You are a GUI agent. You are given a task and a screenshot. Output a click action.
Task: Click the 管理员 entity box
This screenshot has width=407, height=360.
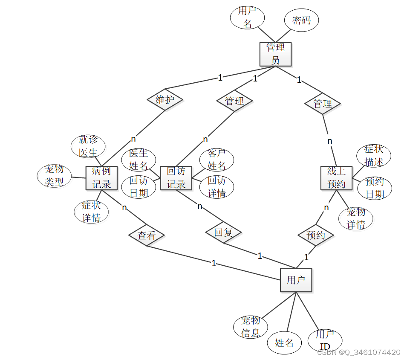[275, 54]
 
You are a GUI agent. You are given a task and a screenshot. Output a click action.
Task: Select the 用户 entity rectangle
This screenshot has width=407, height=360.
[296, 280]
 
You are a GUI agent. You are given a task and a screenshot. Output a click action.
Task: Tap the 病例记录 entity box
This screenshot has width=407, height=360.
[101, 178]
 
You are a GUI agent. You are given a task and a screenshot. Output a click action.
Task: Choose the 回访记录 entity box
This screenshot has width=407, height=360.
[176, 178]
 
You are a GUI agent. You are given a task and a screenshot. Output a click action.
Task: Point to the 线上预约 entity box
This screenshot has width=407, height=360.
[336, 178]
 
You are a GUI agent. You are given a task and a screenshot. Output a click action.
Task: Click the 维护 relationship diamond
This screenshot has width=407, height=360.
[165, 99]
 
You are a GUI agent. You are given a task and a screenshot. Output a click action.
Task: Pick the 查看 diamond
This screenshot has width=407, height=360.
[147, 235]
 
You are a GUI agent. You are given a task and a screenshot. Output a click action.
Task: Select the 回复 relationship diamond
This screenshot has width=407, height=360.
[223, 232]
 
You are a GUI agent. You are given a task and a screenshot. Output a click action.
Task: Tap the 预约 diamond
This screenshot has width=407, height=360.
[316, 235]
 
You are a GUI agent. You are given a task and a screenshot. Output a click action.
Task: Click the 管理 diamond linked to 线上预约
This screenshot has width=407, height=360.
[323, 104]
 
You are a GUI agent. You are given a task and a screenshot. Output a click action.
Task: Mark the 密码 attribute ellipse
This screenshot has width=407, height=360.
[301, 20]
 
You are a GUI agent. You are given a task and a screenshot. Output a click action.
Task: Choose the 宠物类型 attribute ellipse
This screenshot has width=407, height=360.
[54, 176]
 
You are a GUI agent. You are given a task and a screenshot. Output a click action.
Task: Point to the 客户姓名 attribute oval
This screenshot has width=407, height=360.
[216, 160]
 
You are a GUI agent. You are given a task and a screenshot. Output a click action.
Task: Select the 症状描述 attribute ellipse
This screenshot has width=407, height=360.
[374, 156]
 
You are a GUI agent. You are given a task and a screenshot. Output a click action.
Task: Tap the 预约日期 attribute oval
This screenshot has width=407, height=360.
[375, 188]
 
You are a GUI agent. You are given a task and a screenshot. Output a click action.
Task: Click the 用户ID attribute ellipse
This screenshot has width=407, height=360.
[325, 340]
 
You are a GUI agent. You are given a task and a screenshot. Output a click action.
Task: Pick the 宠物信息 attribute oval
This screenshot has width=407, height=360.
[251, 327]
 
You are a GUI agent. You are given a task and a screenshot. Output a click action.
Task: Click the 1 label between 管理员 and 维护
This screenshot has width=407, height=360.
[220, 77]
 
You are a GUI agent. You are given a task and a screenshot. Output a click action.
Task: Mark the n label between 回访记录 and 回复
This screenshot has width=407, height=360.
[199, 206]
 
